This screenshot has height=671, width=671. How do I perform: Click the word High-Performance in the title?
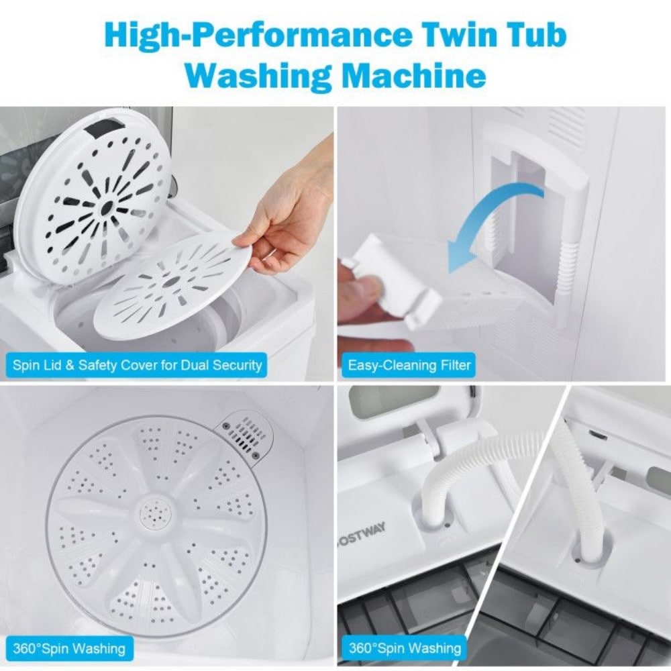(258, 36)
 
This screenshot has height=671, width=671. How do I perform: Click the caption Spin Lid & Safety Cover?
(137, 366)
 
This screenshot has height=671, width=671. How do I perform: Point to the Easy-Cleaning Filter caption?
(409, 366)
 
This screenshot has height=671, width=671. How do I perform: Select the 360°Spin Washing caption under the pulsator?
(69, 649)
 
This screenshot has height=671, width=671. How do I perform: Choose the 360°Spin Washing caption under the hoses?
(405, 648)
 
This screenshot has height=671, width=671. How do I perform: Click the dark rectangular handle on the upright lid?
(105, 129)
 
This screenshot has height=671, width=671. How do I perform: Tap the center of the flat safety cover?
(171, 282)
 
